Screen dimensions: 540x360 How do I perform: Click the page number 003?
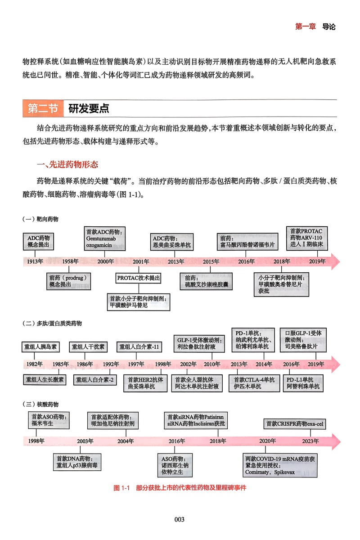coord(180,520)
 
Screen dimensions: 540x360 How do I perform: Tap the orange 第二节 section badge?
coord(43,109)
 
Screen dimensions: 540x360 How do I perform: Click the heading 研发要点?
coord(89,109)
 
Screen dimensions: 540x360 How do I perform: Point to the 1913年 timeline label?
coord(34,261)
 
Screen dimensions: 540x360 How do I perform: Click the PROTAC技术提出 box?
coord(138,278)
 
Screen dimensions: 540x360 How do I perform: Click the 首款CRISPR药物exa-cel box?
coord(295,423)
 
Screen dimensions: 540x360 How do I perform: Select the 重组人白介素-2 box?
coord(95,380)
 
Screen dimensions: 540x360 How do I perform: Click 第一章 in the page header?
coord(306,27)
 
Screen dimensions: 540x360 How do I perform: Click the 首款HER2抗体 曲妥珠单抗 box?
coord(145,383)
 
